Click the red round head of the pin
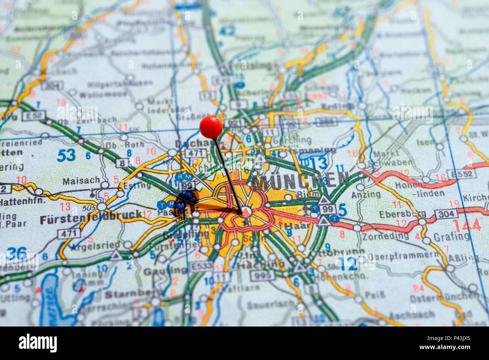[x=211, y=126]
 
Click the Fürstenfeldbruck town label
[x=90, y=218]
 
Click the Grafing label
[x=451, y=237]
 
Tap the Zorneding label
[x=385, y=236]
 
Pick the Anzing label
[x=366, y=194]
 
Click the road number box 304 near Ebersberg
[x=446, y=214]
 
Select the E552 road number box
[x=461, y=174]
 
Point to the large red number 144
[x=466, y=225]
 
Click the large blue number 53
[x=66, y=155]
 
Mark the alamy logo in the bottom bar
[x=38, y=343]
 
